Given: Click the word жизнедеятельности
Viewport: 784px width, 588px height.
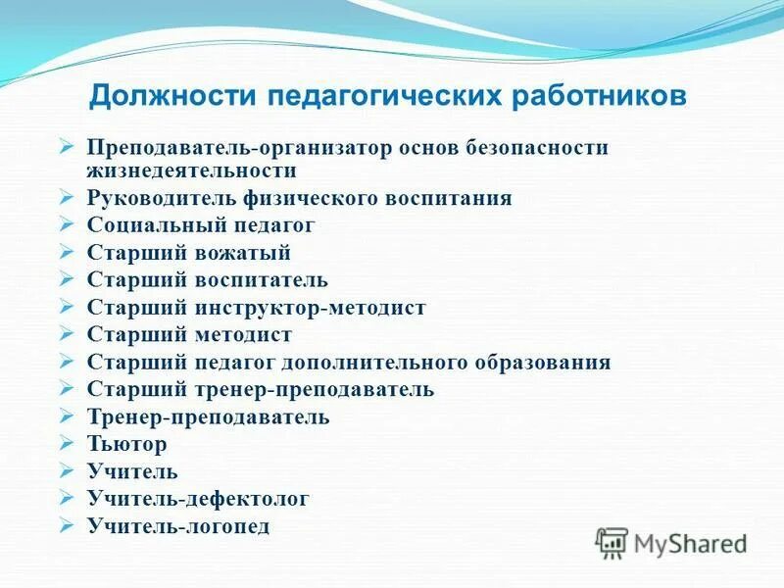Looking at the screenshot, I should pos(192,171).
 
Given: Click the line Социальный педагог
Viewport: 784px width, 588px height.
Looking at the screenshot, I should pos(201,225).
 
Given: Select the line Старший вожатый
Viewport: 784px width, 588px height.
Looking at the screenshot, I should pos(189,253).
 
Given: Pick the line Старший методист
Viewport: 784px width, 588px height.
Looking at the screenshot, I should pos(189,335).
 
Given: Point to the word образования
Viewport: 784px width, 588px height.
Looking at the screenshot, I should pos(544,363).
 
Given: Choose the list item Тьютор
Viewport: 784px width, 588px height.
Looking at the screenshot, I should pos(126,444).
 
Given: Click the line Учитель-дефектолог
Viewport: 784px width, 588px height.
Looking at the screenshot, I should pos(198,499).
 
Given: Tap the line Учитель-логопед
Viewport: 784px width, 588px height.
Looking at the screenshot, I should pos(178,526).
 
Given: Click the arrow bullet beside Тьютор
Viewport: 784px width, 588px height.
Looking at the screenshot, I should pos(66,443).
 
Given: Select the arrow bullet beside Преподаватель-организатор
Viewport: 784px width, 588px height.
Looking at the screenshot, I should pos(66,146).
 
